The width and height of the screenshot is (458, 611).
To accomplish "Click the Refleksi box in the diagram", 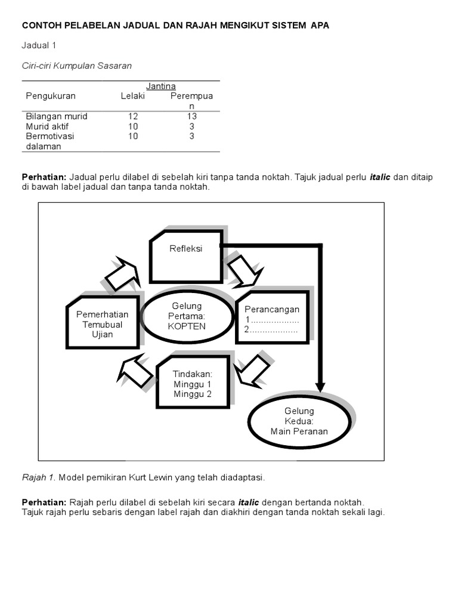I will (x=185, y=256).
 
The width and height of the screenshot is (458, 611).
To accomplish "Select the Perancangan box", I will (x=272, y=317).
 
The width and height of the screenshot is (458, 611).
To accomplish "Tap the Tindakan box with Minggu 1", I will (x=193, y=382).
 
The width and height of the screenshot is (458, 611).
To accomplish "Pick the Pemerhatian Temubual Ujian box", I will (x=103, y=322).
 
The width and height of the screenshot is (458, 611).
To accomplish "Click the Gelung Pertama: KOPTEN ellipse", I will (x=186, y=316).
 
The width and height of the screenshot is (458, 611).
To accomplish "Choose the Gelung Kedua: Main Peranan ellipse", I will (x=299, y=421).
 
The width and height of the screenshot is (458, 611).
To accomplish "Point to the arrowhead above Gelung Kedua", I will (x=321, y=386).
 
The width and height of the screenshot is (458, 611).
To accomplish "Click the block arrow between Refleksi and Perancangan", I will (x=245, y=271).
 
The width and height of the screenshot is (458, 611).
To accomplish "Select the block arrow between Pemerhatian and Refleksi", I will (x=122, y=274).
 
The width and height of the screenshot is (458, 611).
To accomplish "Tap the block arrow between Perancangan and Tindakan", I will (x=253, y=371).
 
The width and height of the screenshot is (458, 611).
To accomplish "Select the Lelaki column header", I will (x=133, y=96).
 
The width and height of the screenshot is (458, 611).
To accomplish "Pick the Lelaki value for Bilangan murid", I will (x=133, y=116).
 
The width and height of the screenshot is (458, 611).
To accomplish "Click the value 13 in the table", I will (x=192, y=116).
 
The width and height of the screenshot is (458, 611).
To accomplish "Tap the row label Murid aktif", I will (x=47, y=126).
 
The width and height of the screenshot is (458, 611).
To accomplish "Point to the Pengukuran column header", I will (x=51, y=96).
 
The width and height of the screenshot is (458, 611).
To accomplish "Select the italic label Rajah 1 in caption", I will (x=39, y=477).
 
